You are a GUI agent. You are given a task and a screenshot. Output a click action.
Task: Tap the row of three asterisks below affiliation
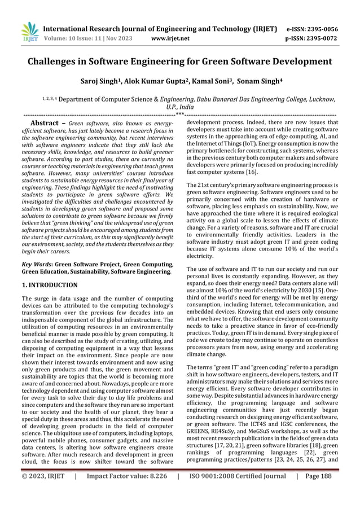point(179,113)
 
